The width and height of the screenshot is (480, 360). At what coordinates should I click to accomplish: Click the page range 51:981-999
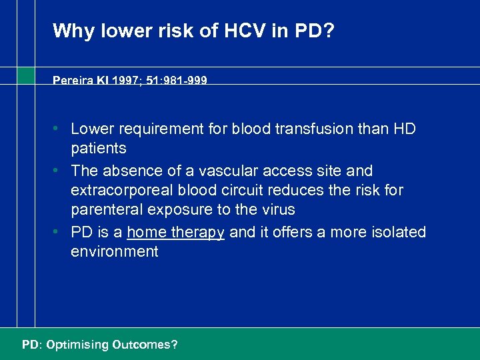(x=175, y=81)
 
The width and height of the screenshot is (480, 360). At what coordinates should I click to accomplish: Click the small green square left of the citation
(x=26, y=75)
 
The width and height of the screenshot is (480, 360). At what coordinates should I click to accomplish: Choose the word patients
(x=99, y=148)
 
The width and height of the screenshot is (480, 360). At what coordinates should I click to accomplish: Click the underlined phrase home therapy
(x=175, y=233)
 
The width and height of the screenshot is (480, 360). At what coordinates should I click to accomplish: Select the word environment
(x=115, y=252)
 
